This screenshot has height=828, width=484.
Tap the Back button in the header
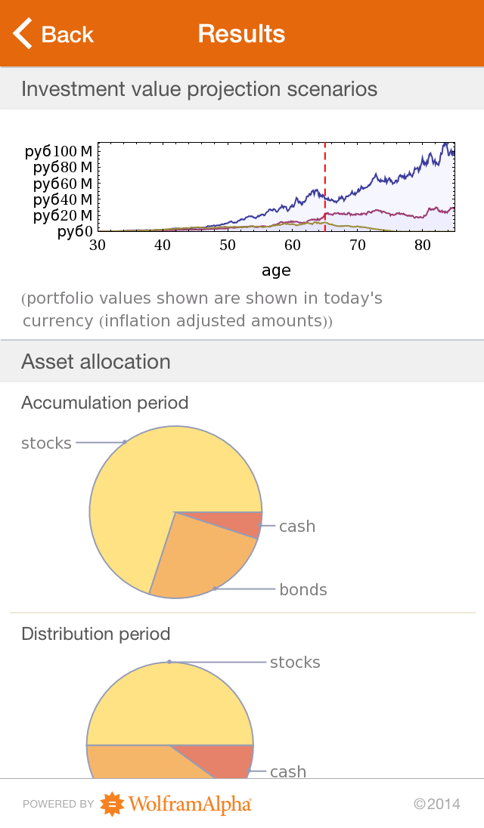53,34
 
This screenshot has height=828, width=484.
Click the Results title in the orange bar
242,34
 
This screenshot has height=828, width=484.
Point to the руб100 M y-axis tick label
59,151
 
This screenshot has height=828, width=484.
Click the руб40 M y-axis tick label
59,199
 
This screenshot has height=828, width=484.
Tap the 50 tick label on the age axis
228,245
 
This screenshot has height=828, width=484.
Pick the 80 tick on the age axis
423,245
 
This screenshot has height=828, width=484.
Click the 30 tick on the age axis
98,245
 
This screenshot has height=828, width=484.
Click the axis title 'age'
276,270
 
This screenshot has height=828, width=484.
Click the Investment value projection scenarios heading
199,89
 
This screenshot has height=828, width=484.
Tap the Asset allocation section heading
96,362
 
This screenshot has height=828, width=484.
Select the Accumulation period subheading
104,403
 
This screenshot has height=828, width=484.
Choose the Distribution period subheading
95,634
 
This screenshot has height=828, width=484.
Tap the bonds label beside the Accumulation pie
303,590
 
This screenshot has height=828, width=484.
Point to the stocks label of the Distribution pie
295,663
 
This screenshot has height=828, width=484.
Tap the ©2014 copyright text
436,805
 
